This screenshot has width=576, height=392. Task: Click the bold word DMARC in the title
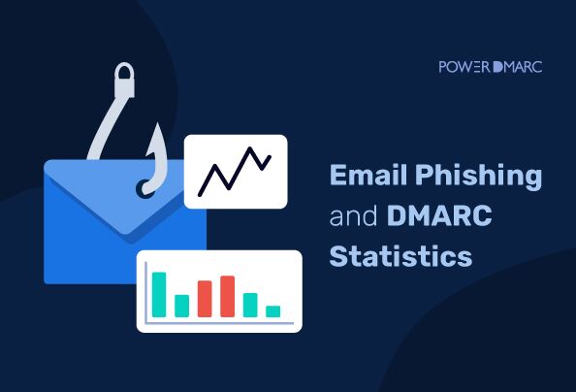point(438,216)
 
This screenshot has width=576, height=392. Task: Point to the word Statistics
point(401,256)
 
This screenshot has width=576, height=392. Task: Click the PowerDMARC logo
point(490,67)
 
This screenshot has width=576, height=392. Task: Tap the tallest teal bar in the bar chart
point(159,294)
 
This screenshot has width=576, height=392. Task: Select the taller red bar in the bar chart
point(228,296)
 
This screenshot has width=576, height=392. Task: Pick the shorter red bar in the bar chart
point(205,298)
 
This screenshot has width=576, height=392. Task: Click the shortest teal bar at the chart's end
point(273,311)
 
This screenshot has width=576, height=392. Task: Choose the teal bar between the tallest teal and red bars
point(181,306)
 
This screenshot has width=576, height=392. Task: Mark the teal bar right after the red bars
point(250,305)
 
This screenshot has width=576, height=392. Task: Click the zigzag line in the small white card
point(234,171)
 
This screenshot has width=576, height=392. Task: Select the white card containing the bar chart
point(218,290)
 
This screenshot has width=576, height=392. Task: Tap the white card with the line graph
point(236,171)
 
